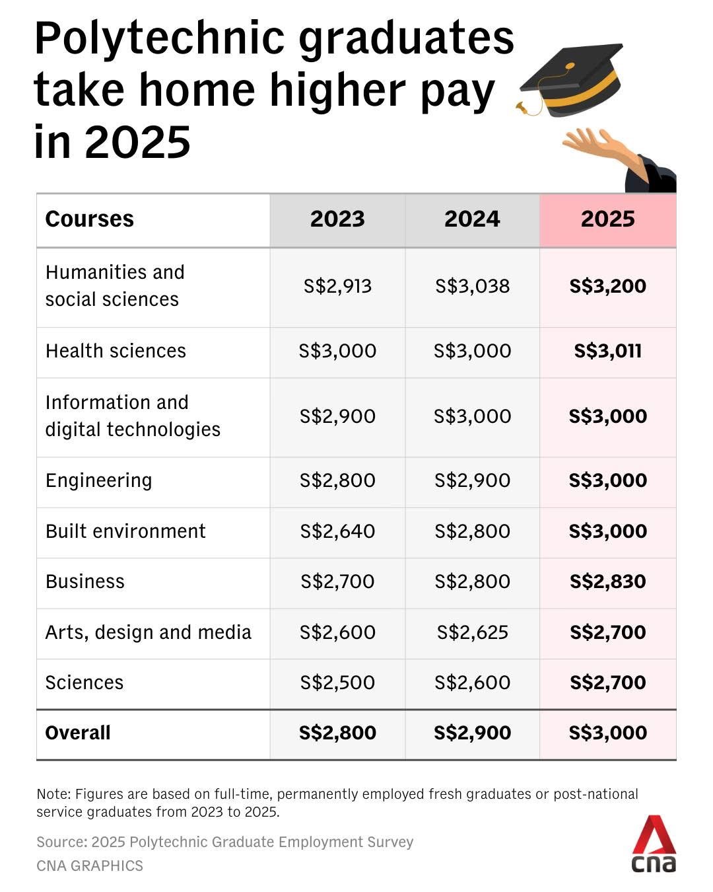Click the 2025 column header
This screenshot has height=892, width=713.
tap(607, 219)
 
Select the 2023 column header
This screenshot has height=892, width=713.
tap(337, 219)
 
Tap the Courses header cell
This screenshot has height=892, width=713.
tap(90, 219)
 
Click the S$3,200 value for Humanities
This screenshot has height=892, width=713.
tap(607, 286)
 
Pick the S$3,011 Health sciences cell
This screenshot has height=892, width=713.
tap(607, 351)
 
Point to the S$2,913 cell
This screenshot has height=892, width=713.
tap(337, 286)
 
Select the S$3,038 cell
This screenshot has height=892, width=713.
tap(472, 286)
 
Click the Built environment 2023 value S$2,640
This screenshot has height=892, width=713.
tap(337, 531)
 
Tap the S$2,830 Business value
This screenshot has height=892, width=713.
tap(607, 581)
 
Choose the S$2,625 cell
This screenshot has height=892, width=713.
tap(472, 632)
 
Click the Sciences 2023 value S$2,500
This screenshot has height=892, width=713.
tap(337, 683)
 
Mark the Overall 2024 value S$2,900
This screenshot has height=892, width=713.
tap(472, 733)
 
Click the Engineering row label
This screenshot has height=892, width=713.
tap(98, 480)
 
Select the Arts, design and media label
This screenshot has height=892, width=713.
tap(148, 632)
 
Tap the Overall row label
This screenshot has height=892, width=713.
tap(78, 733)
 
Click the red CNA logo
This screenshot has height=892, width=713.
tap(654, 844)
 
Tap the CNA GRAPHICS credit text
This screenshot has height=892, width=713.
tap(90, 866)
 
